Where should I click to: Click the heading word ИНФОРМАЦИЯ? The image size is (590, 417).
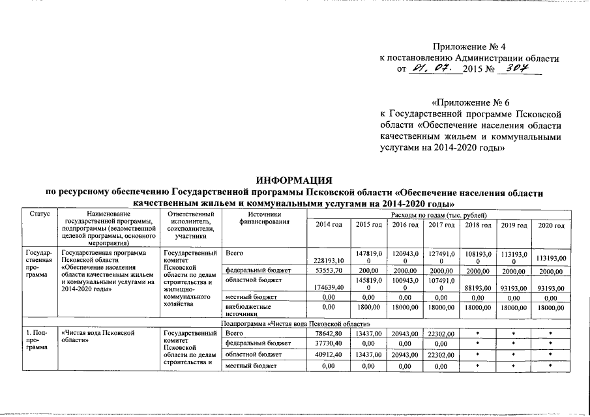[294, 180]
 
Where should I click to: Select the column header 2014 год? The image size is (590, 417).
[329, 225]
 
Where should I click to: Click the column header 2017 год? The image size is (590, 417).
[441, 225]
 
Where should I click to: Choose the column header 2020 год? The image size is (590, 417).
[550, 225]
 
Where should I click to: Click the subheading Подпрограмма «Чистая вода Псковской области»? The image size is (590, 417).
[295, 323]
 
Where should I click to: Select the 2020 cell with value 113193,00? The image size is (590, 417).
[550, 257]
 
